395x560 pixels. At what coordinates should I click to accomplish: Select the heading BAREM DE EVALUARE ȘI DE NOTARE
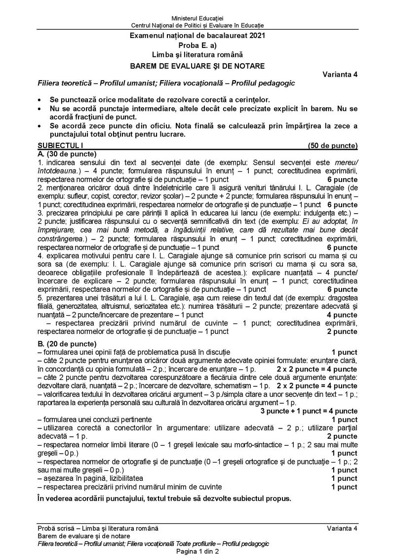[x=197, y=65]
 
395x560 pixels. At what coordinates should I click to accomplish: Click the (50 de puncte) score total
[x=332, y=145]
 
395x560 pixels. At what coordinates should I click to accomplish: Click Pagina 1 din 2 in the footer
[x=197, y=552]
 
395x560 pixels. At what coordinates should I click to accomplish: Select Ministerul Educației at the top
[x=197, y=18]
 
